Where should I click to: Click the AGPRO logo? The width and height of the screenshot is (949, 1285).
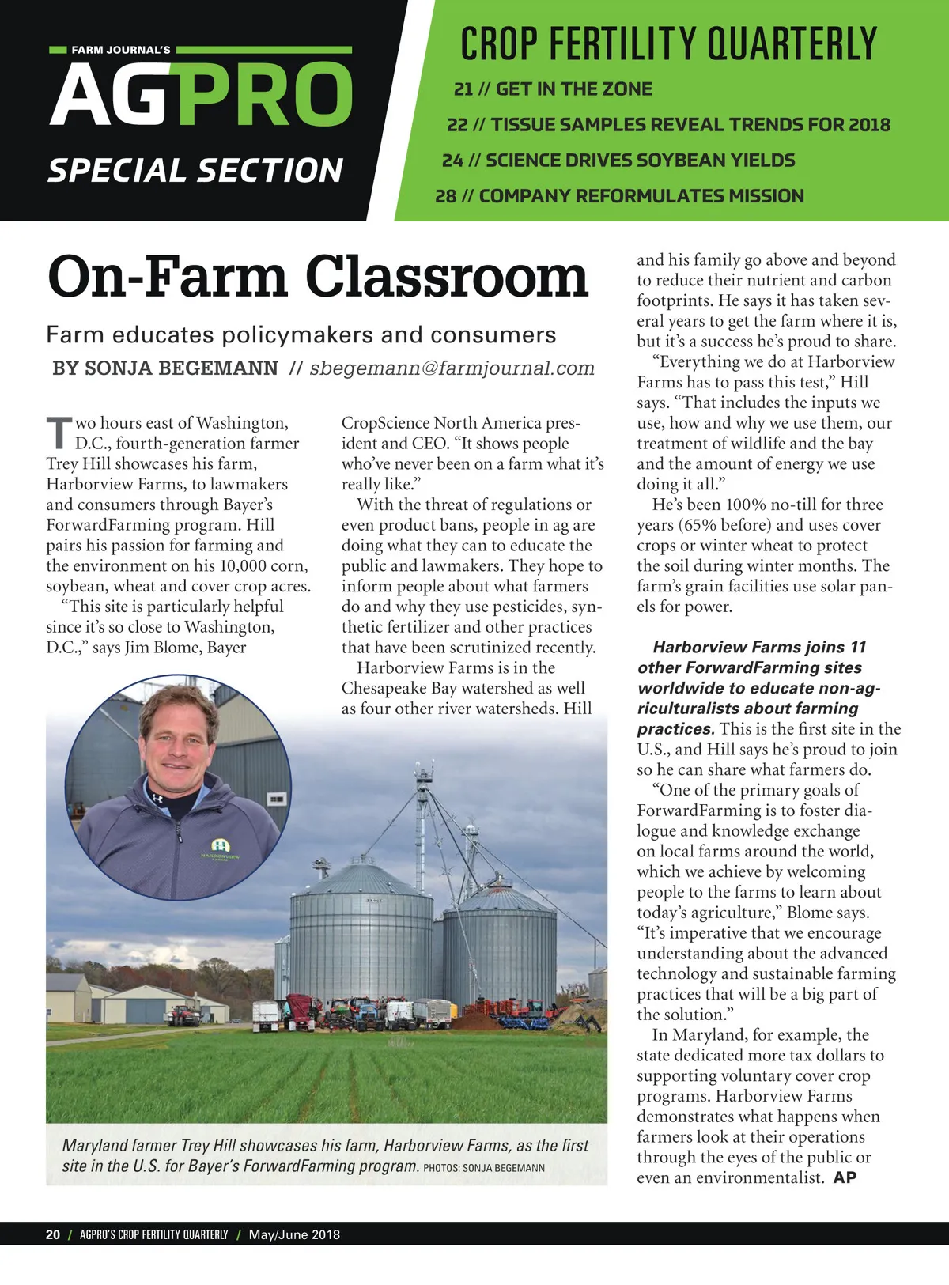201,94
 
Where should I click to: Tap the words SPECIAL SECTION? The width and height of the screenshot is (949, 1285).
195,171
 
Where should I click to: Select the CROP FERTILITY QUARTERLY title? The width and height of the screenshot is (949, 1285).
668,43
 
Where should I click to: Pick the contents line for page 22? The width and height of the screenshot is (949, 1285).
668,125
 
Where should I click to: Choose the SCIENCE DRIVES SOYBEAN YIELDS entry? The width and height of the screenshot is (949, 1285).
618,161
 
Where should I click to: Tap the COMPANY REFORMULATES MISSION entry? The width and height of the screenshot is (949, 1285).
619,196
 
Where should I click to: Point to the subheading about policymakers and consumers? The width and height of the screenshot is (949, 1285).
301,335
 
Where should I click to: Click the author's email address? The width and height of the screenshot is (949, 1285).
452,368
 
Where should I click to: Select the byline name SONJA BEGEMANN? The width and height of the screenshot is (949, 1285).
181,368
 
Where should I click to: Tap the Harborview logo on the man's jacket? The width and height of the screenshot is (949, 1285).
220,851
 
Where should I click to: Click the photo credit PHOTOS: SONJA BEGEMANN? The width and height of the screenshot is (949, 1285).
484,1168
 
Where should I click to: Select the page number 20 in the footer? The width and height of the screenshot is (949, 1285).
53,1234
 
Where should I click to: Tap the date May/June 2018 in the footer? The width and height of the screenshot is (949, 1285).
294,1234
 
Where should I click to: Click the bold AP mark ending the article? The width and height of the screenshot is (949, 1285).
845,1177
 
